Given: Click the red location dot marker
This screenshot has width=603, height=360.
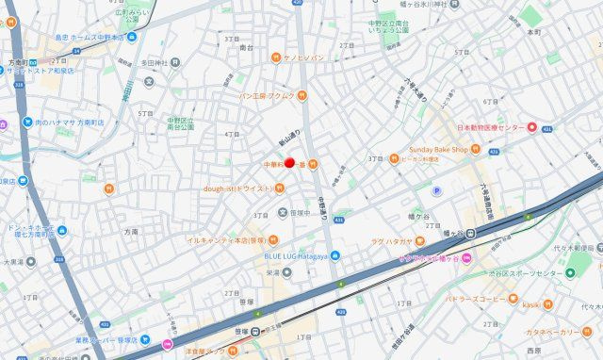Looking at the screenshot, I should click(x=290, y=163).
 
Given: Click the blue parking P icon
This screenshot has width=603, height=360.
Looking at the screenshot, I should click(x=436, y=190).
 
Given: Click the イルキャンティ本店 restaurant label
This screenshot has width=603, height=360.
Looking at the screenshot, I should click(x=224, y=240).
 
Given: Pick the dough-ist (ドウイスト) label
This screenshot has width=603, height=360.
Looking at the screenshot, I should click(x=239, y=188).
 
